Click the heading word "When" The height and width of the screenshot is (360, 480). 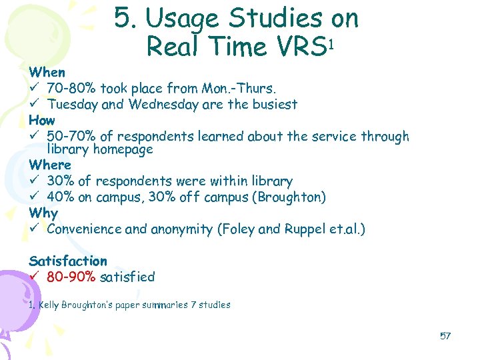(x=47, y=72)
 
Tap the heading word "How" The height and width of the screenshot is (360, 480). (x=42, y=121)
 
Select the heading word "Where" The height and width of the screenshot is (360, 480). (x=50, y=165)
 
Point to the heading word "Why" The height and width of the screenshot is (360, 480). (x=43, y=213)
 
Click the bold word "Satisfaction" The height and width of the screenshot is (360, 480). (x=68, y=261)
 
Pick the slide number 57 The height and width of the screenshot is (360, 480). (x=445, y=335)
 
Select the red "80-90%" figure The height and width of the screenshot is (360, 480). (x=71, y=277)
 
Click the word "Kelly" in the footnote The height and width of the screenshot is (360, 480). (x=49, y=305)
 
